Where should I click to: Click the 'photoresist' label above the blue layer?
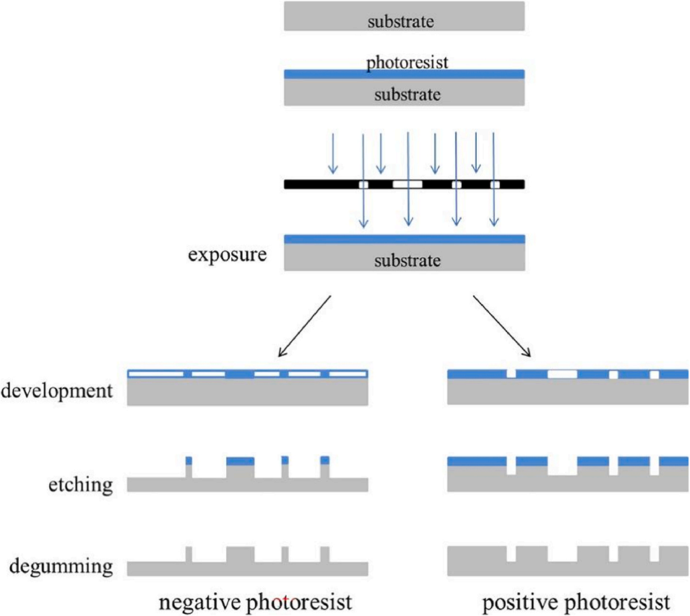[x=407, y=62]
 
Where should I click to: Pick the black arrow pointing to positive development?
[x=502, y=326]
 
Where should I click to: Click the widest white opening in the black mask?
[x=407, y=184]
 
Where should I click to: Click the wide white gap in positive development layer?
[x=562, y=374]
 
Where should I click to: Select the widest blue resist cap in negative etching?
[x=241, y=461]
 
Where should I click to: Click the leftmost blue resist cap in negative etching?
[x=189, y=461]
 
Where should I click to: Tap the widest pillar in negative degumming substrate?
[x=241, y=555]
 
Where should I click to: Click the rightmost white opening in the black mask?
[x=495, y=184]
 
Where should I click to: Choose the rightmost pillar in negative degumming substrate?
[x=324, y=555]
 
